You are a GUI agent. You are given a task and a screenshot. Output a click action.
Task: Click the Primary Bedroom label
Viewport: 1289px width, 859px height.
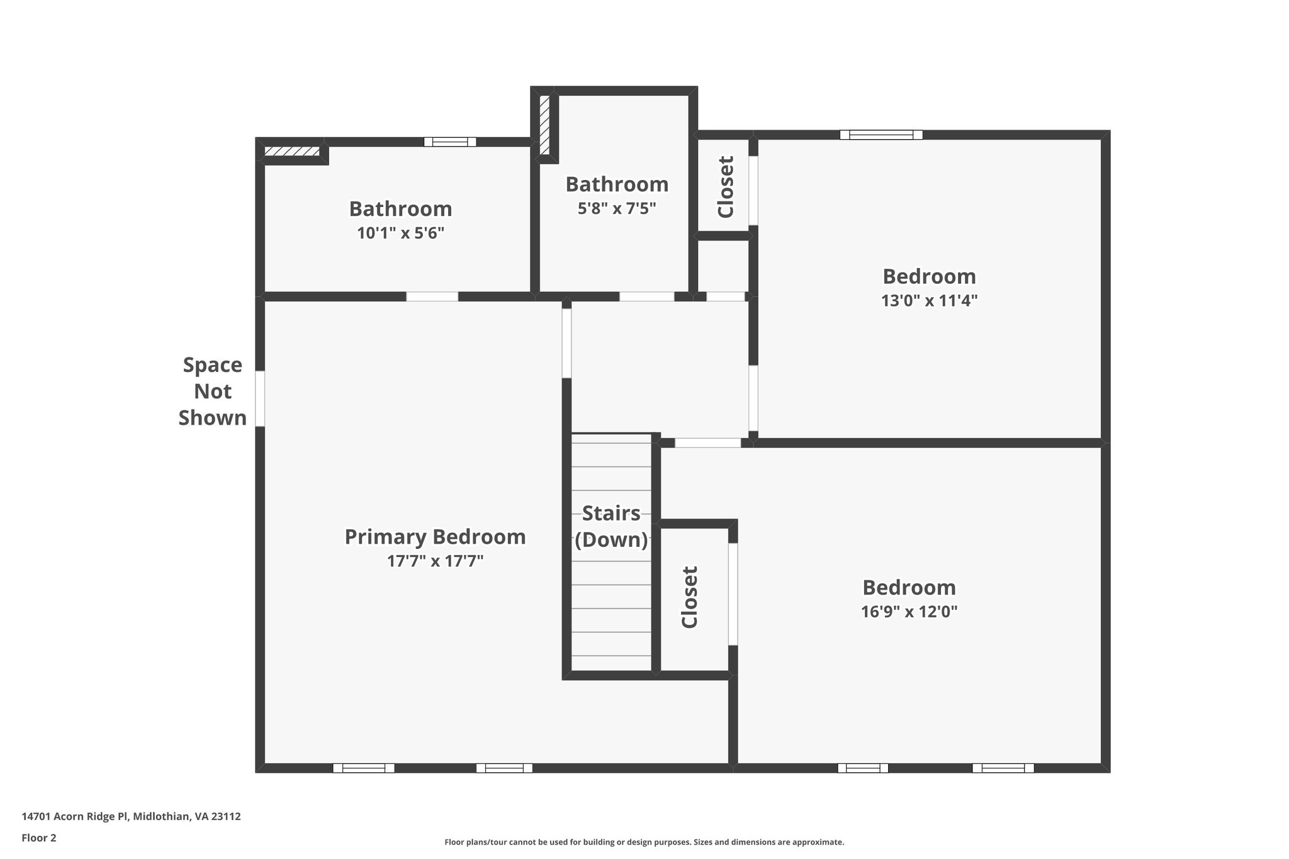click(435, 537)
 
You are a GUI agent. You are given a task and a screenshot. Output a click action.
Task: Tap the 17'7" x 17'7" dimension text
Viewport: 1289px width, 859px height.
click(435, 561)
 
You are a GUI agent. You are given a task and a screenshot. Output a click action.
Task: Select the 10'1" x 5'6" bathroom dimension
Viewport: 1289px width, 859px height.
click(400, 233)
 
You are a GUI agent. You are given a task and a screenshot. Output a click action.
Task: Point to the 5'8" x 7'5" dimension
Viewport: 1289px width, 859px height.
click(617, 208)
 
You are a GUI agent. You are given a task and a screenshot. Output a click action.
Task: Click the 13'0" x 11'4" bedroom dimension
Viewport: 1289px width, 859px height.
click(929, 301)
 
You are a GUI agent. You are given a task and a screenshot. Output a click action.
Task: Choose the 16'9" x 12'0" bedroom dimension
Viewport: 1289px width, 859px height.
click(909, 612)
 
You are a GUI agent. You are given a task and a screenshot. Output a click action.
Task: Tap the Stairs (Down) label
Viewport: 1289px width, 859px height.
click(611, 526)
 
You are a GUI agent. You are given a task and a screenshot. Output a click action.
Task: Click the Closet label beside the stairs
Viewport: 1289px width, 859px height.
click(690, 597)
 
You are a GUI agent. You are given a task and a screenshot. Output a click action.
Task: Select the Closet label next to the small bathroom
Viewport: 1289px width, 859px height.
click(726, 187)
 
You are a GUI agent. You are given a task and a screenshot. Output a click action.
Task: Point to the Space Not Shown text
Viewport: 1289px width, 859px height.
click(213, 391)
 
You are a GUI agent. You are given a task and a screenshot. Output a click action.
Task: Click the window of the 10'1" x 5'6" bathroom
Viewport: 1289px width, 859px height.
click(450, 142)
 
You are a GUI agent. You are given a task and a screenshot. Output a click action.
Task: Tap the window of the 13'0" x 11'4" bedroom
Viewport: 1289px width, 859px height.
click(881, 135)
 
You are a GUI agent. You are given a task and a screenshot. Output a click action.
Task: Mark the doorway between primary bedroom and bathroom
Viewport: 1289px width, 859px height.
click(432, 296)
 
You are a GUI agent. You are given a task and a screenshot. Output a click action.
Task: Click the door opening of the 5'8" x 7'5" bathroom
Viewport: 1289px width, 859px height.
click(647, 296)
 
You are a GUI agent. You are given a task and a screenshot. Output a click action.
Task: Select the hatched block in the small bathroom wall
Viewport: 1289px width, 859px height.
click(544, 125)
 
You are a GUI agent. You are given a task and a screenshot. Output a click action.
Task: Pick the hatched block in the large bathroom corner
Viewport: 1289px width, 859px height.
click(291, 152)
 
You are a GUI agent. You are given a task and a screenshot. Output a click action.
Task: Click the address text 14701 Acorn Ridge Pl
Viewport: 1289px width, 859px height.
click(131, 817)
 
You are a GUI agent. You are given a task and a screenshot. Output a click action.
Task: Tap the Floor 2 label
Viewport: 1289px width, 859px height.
click(39, 838)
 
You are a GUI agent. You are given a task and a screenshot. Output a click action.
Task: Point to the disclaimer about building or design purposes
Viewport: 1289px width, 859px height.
click(644, 842)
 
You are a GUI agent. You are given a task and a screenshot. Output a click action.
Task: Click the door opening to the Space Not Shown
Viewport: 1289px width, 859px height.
click(260, 398)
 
